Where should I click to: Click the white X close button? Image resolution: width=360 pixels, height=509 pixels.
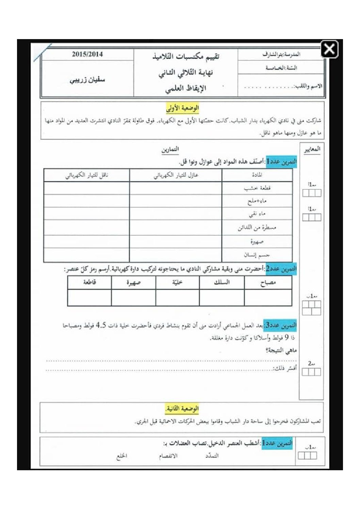(329, 50)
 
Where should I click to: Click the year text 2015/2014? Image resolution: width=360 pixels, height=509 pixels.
(87, 54)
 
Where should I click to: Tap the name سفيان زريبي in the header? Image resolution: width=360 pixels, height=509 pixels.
(87, 80)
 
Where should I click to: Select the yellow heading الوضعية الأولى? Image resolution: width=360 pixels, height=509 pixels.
(183, 108)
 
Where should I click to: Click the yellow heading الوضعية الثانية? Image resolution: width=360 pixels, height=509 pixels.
(182, 408)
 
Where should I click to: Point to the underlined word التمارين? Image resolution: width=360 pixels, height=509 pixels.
(170, 149)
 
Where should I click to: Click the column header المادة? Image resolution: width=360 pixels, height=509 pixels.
(257, 175)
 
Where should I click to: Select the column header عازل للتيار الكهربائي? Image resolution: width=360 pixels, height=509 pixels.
(176, 175)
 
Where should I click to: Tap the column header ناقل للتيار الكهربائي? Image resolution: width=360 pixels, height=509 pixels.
(86, 175)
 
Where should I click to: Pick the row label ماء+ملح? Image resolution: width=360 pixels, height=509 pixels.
(257, 201)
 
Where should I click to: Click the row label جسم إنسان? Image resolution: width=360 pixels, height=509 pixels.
(257, 255)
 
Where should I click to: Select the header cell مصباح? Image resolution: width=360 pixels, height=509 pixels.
(268, 283)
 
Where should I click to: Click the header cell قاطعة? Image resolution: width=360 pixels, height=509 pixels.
(89, 282)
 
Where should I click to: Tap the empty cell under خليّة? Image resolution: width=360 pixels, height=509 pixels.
(177, 298)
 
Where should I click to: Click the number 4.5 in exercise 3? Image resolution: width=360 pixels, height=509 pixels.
(101, 325)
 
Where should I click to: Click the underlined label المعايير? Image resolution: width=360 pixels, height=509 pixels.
(312, 149)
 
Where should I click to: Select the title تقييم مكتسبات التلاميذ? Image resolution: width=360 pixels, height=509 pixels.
(186, 56)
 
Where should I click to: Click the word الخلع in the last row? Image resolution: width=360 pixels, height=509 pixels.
(122, 456)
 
